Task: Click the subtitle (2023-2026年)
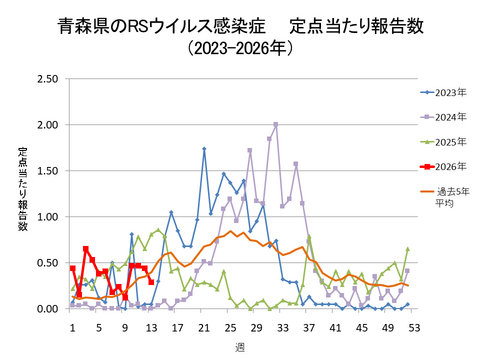click(x=239, y=47)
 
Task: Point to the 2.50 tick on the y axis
click(x=45, y=79)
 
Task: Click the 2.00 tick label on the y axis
click(x=45, y=125)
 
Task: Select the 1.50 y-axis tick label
click(x=45, y=171)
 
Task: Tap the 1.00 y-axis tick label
click(x=45, y=217)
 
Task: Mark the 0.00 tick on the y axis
click(x=45, y=309)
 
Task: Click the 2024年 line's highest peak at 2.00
click(x=276, y=125)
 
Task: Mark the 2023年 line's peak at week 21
click(x=204, y=149)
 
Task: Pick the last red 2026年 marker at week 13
click(x=151, y=282)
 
